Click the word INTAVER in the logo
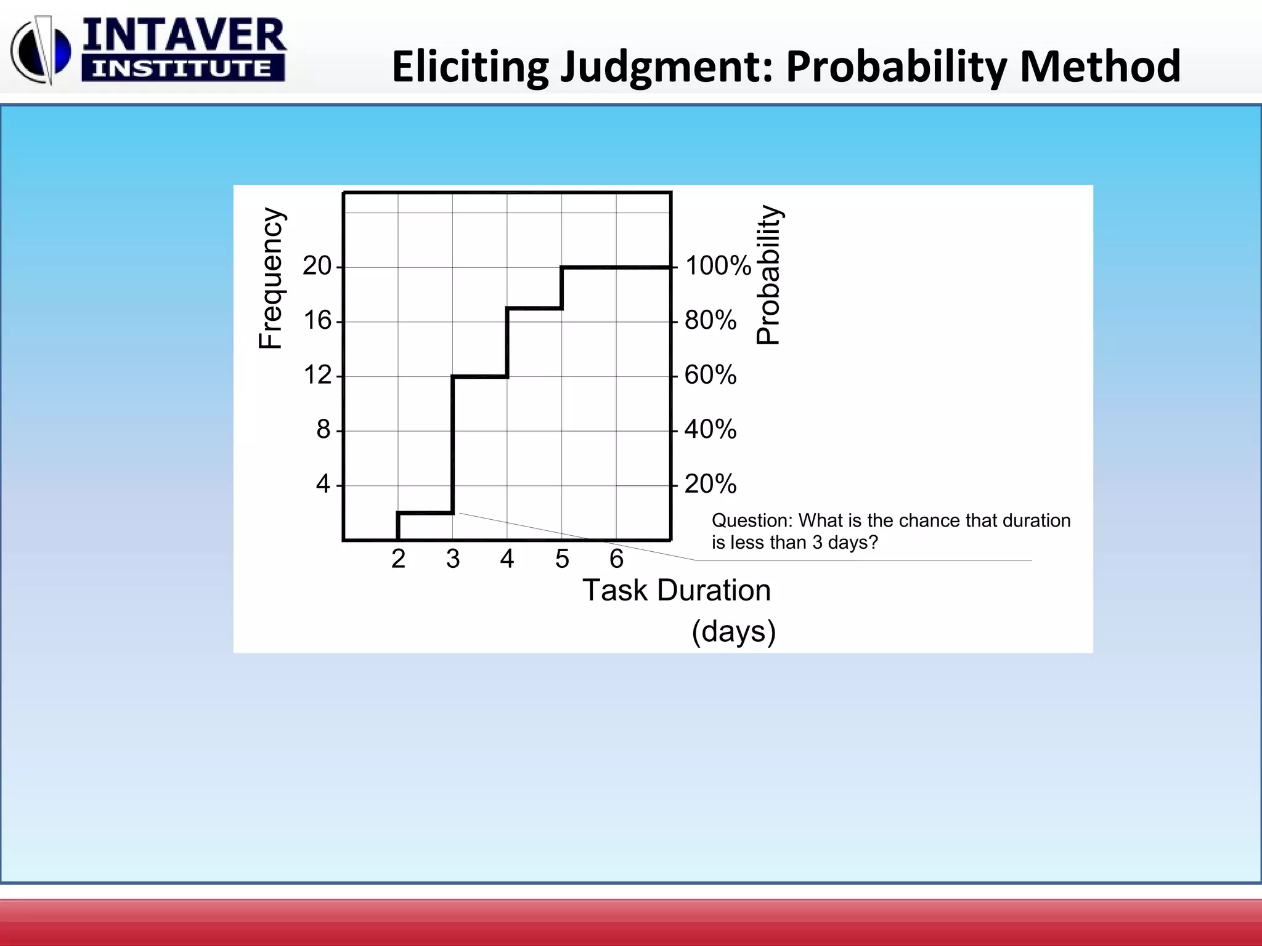[x=184, y=36]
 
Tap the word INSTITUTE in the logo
[x=182, y=68]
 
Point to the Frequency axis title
[x=271, y=278]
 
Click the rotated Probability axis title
[x=768, y=275]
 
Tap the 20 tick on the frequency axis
[x=317, y=266]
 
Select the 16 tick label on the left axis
[x=317, y=321]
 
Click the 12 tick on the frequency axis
[x=317, y=375]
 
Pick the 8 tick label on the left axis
[x=324, y=429]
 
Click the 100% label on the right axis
[x=718, y=266]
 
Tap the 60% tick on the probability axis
[x=710, y=375]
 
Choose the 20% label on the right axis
[x=710, y=484]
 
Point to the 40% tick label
[x=710, y=429]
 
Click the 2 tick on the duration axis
[x=398, y=559]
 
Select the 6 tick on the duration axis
[x=616, y=559]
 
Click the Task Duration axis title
[x=676, y=591]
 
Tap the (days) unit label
[x=733, y=632]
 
